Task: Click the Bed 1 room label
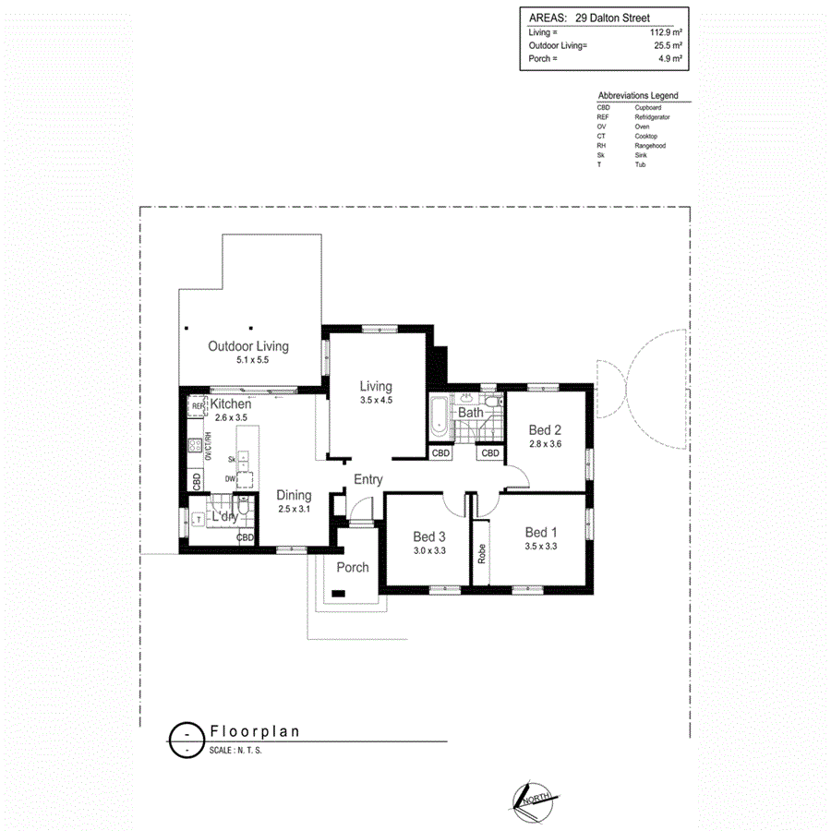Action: point(541,532)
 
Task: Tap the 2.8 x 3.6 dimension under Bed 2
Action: point(545,444)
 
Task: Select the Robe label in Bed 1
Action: point(481,553)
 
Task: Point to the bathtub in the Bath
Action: point(439,416)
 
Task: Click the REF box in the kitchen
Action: point(197,406)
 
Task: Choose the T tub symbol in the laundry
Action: point(199,520)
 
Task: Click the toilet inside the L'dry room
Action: point(243,507)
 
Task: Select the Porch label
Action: point(353,568)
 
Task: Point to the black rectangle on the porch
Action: point(340,594)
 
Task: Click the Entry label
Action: point(367,479)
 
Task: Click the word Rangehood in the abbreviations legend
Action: point(650,146)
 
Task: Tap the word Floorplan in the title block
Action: point(255,731)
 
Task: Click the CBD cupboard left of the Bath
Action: point(440,452)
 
